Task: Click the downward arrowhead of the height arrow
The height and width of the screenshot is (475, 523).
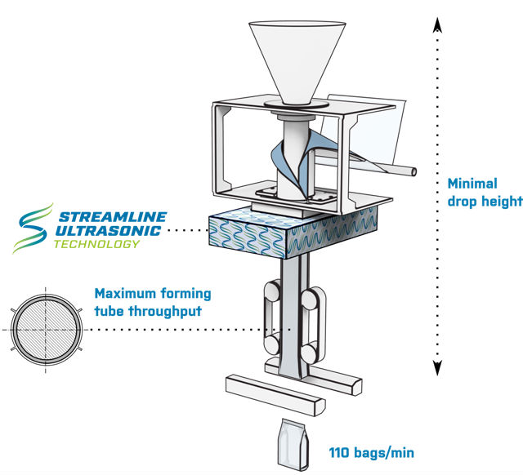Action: click(x=436, y=369)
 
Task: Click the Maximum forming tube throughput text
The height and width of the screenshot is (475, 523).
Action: click(x=153, y=301)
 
